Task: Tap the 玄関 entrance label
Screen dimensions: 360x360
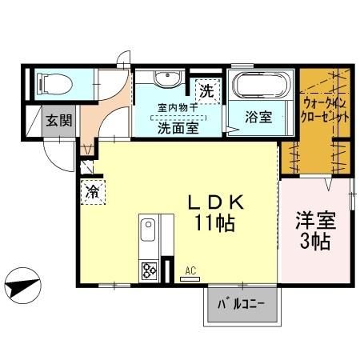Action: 58,121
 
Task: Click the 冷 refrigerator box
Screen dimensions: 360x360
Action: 92,192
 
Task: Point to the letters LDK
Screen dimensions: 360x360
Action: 210,202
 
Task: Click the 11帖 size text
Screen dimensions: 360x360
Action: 212,224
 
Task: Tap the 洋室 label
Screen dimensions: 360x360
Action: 314,218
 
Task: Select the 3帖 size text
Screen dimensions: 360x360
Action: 314,241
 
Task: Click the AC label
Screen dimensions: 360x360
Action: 190,272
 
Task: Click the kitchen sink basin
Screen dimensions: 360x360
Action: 150,235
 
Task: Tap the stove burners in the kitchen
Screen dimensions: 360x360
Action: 150,270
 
